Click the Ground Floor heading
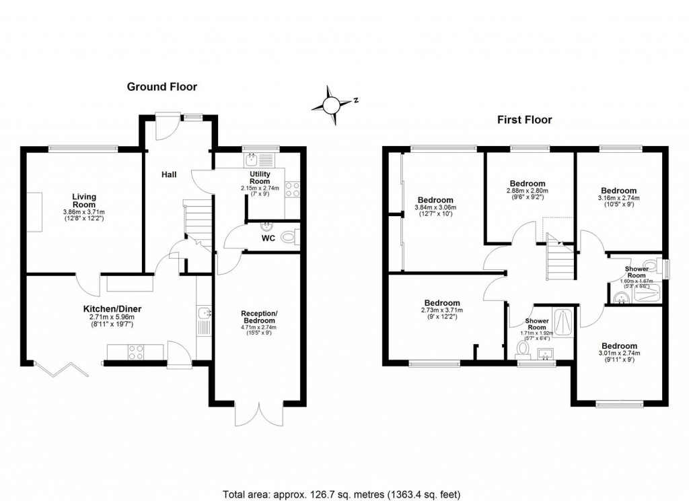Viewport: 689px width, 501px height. pyautogui.click(x=162, y=87)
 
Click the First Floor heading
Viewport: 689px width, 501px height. pyautogui.click(x=524, y=120)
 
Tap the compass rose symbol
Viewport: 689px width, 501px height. pyautogui.click(x=332, y=106)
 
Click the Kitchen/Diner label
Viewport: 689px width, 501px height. pyautogui.click(x=113, y=309)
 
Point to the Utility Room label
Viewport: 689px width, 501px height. pyautogui.click(x=260, y=177)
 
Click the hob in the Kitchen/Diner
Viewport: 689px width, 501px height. pyautogui.click(x=134, y=352)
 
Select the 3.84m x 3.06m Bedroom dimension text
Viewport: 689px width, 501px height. pyautogui.click(x=435, y=208)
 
